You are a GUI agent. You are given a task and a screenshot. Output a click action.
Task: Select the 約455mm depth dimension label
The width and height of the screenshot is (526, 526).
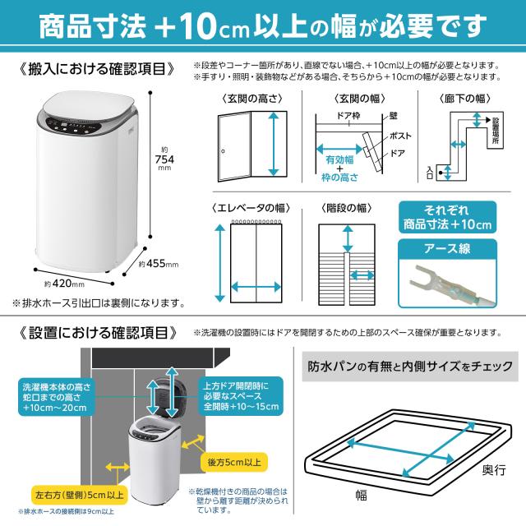[159, 265]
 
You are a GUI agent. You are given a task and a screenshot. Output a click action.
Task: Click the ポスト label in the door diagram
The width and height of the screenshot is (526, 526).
[400, 134]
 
